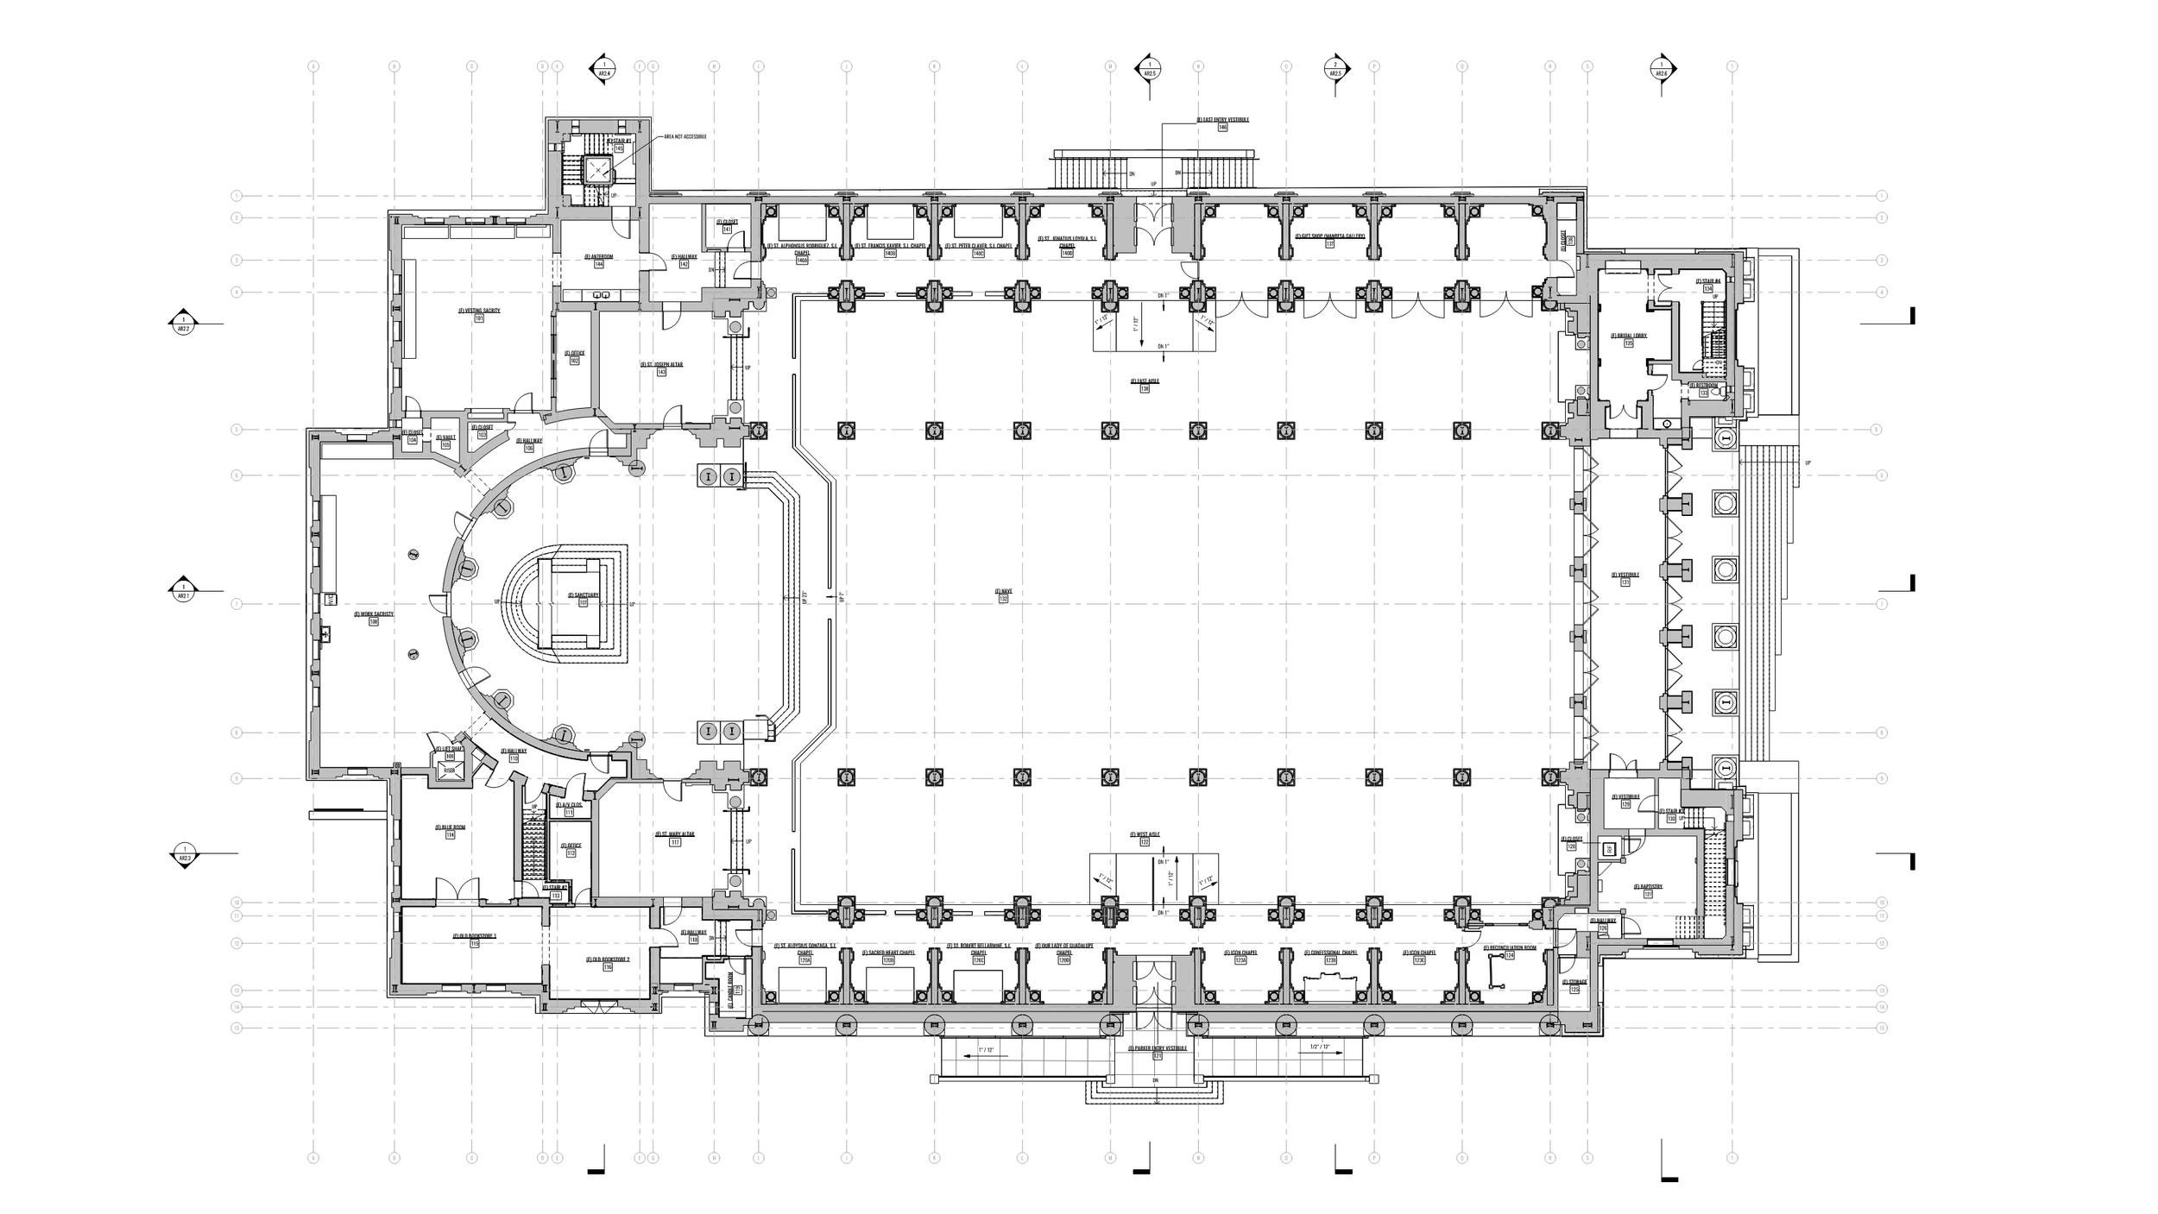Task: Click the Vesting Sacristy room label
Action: (479, 311)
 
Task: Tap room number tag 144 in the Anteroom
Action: (598, 265)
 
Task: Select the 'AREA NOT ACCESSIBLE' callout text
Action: (685, 136)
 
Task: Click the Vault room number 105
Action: (445, 445)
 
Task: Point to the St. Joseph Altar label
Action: (661, 365)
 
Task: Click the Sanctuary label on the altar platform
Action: (583, 595)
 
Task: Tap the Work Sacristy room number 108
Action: (374, 622)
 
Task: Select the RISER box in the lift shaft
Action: (450, 770)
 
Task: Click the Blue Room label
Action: (450, 827)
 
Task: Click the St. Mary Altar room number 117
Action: (675, 842)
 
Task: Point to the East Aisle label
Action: (1145, 381)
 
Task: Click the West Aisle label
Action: (1145, 834)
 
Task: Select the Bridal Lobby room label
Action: (1628, 336)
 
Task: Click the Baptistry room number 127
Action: (1647, 895)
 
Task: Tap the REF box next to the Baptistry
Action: (1609, 849)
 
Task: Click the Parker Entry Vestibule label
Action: (1157, 1047)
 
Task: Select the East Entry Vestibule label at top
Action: (1222, 119)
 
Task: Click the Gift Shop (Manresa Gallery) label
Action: (1329, 236)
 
